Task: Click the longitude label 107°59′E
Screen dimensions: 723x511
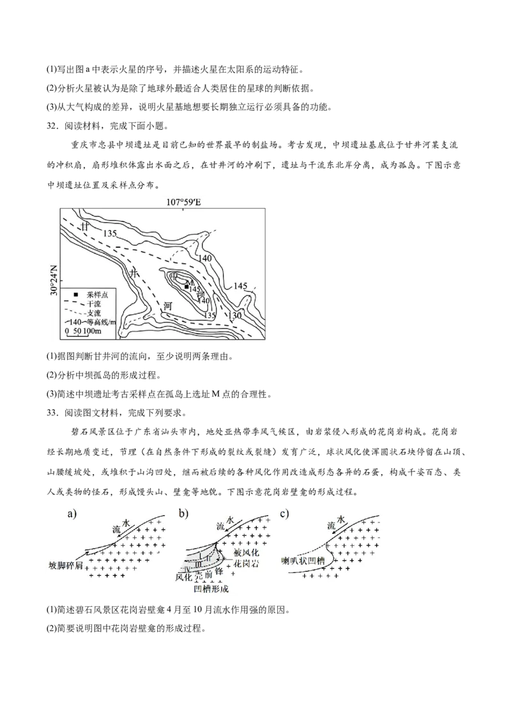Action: [184, 202]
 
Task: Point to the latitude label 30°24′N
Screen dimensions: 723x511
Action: [54, 279]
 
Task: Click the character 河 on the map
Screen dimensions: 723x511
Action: [167, 307]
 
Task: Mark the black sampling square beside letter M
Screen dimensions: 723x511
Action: [186, 287]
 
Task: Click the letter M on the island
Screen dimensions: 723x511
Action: [189, 282]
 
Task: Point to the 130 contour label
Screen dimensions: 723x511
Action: [234, 316]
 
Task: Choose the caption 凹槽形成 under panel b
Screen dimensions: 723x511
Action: [210, 590]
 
